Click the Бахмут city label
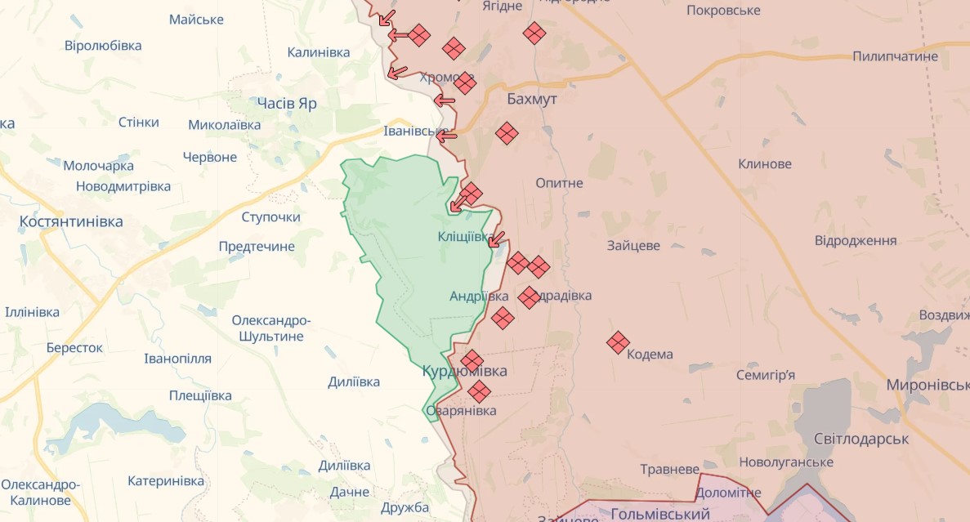coord(532,99)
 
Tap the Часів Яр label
coord(286,104)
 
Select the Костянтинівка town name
coord(71,221)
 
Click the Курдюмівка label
coord(464,371)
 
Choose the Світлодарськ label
coord(861,439)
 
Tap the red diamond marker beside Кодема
coord(618,342)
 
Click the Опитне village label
coord(559,183)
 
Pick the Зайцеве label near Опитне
coord(633,245)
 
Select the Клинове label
coord(764,163)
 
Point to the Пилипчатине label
coord(895,56)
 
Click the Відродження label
coord(856,240)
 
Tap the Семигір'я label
coord(765,375)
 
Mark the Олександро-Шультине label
coord(270,328)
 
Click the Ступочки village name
coord(270,217)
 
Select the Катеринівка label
coord(166,481)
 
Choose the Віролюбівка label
coord(103,46)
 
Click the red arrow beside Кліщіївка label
coord(496,239)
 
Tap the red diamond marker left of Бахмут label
coord(465,83)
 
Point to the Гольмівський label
coord(659,514)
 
